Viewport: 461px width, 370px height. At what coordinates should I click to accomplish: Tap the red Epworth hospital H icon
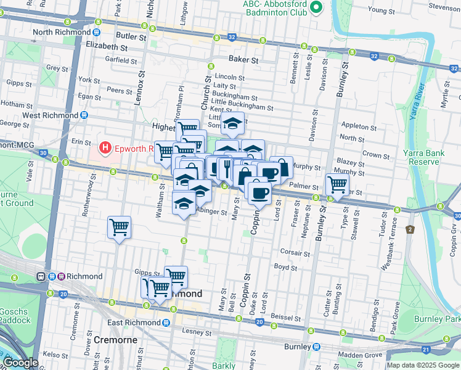(x=105, y=148)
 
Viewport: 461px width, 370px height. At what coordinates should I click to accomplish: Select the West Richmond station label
(x=52, y=115)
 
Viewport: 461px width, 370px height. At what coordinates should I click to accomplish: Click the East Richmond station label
(x=129, y=323)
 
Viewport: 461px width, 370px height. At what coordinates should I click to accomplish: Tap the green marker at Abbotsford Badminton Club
(x=316, y=7)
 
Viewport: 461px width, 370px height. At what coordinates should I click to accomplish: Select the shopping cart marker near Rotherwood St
(x=119, y=226)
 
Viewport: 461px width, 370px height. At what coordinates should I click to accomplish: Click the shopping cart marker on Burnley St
(x=337, y=183)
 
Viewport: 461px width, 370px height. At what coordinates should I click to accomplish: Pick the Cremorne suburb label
(x=120, y=340)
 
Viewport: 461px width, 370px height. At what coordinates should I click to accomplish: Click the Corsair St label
(x=295, y=253)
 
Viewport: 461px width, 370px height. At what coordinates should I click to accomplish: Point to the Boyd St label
(x=285, y=268)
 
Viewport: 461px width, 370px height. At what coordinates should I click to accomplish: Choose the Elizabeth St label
(x=107, y=46)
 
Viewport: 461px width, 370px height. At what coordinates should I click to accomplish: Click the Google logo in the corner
(x=20, y=363)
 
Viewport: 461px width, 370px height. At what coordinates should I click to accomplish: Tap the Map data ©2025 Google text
(x=422, y=365)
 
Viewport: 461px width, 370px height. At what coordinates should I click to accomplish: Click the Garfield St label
(x=121, y=60)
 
